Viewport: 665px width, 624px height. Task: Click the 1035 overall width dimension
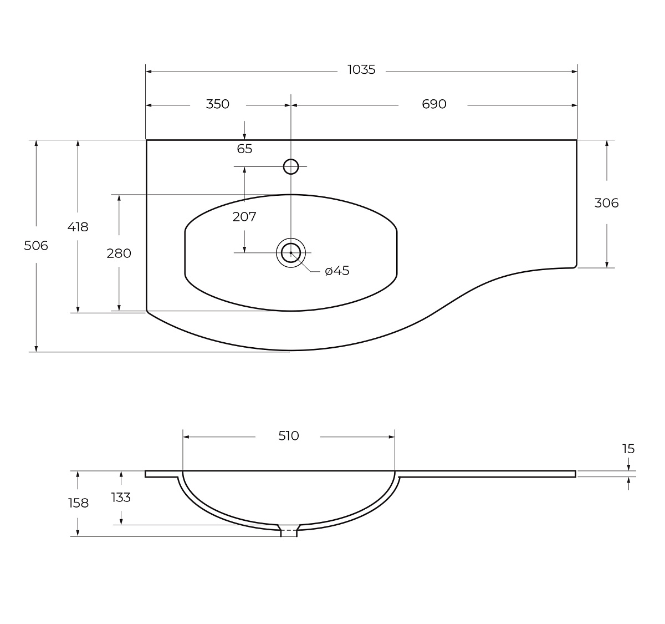(361, 70)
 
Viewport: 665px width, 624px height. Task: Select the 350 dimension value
(217, 104)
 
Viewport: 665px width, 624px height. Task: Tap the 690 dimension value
(434, 104)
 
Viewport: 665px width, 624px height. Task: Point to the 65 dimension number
(244, 149)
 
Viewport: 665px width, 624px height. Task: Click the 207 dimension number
(244, 217)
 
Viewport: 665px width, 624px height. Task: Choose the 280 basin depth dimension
(119, 253)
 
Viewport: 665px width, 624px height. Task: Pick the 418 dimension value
(78, 227)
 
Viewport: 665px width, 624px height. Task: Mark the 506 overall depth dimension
(36, 245)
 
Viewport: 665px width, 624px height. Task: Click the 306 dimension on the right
(606, 203)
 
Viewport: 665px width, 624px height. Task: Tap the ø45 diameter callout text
(337, 271)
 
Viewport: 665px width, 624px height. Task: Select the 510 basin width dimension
(289, 436)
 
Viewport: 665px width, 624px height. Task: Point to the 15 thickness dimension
(628, 449)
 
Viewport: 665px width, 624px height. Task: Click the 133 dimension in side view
(121, 498)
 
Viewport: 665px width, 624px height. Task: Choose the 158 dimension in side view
(78, 503)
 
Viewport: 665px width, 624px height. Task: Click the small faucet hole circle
(291, 166)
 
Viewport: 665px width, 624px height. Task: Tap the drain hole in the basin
(291, 253)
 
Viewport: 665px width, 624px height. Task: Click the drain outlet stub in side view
(289, 532)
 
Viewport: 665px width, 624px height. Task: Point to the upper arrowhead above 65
(244, 136)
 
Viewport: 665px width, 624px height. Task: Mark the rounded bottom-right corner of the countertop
(575, 266)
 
